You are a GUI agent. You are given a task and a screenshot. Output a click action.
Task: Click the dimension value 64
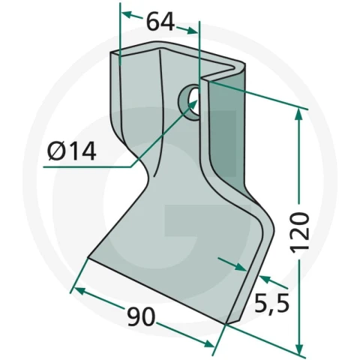coord(160,22)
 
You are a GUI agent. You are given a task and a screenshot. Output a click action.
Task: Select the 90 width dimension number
coord(141,316)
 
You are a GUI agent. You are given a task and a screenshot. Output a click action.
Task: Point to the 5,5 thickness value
coord(271,303)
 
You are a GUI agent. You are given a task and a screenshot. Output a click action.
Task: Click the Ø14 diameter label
coord(72,151)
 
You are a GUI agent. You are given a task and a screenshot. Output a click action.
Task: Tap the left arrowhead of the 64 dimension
coord(127,15)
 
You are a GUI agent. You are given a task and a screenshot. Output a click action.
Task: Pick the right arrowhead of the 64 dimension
coord(191,30)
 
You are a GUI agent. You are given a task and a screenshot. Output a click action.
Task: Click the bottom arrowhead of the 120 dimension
coord(299,347)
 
